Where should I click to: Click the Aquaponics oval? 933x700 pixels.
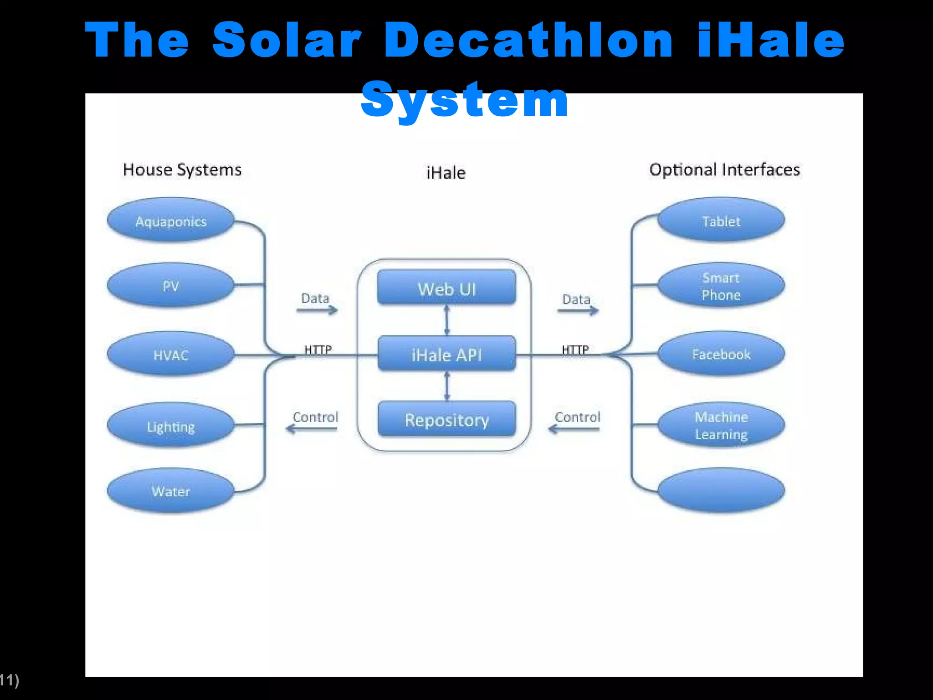pyautogui.click(x=171, y=221)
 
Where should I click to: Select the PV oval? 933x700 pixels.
pyautogui.click(x=171, y=286)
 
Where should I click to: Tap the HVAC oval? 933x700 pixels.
pyautogui.click(x=171, y=355)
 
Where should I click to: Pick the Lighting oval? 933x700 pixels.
pyautogui.click(x=171, y=426)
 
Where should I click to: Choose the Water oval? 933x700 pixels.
pyautogui.click(x=171, y=491)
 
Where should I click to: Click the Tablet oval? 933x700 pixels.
pyautogui.click(x=721, y=221)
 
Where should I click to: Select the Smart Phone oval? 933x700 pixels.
pyautogui.click(x=721, y=286)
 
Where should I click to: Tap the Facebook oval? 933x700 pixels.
pyautogui.click(x=721, y=354)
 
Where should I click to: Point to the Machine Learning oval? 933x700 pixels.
pyautogui.click(x=721, y=425)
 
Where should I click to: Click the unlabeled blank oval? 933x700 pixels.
pyautogui.click(x=721, y=490)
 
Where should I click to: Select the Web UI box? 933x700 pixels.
pyautogui.click(x=447, y=288)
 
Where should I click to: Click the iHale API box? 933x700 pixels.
pyautogui.click(x=447, y=354)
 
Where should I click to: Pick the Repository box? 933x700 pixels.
pyautogui.click(x=447, y=419)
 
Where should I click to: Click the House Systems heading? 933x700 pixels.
pyautogui.click(x=182, y=170)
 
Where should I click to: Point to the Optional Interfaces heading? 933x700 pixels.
pyautogui.click(x=724, y=170)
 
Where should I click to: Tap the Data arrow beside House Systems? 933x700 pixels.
pyautogui.click(x=317, y=310)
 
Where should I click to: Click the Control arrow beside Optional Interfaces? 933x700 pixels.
pyautogui.click(x=574, y=428)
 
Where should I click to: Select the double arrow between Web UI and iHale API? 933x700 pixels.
pyautogui.click(x=447, y=320)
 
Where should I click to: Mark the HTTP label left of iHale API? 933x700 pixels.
pyautogui.click(x=318, y=350)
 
